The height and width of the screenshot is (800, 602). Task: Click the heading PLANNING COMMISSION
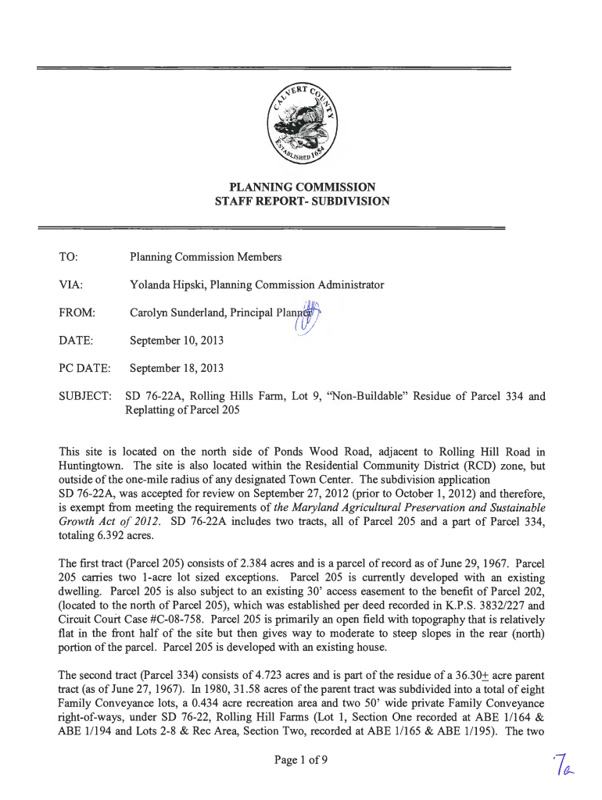302,187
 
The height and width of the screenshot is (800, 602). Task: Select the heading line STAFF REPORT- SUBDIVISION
302,202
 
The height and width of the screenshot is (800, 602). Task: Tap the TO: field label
68,256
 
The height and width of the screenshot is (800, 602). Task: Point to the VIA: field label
71,284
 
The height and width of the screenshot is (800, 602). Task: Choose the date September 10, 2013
177,341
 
